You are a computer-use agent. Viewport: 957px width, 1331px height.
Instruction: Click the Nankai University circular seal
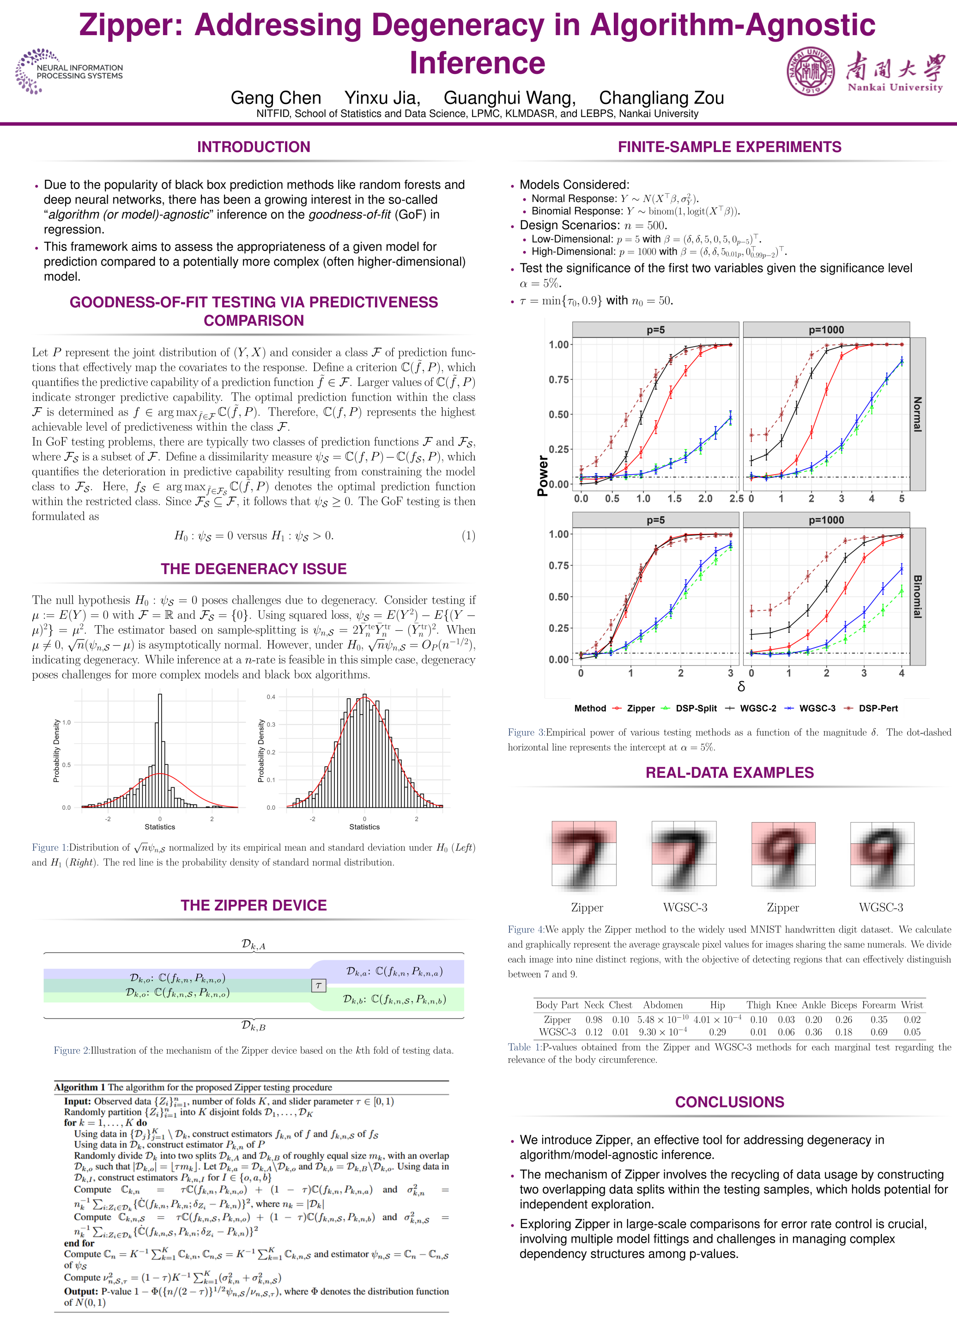click(811, 72)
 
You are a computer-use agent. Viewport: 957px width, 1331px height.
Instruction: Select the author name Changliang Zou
click(661, 98)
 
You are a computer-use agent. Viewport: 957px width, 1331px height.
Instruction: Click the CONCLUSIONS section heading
click(729, 1102)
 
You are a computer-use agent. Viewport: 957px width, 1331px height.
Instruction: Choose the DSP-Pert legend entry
click(871, 708)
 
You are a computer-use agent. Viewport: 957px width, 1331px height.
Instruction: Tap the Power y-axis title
click(542, 476)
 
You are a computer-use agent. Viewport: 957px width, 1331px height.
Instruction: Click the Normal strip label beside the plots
click(918, 415)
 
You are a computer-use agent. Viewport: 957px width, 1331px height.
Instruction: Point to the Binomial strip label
click(918, 596)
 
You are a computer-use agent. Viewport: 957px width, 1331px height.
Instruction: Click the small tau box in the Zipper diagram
click(318, 985)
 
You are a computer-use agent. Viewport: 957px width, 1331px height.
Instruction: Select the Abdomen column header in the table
click(663, 1005)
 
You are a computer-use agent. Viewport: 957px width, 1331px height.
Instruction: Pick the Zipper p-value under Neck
click(594, 1020)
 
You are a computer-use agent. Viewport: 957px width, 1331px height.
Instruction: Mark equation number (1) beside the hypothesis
click(468, 535)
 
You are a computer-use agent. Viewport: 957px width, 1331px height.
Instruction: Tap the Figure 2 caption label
click(72, 1050)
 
